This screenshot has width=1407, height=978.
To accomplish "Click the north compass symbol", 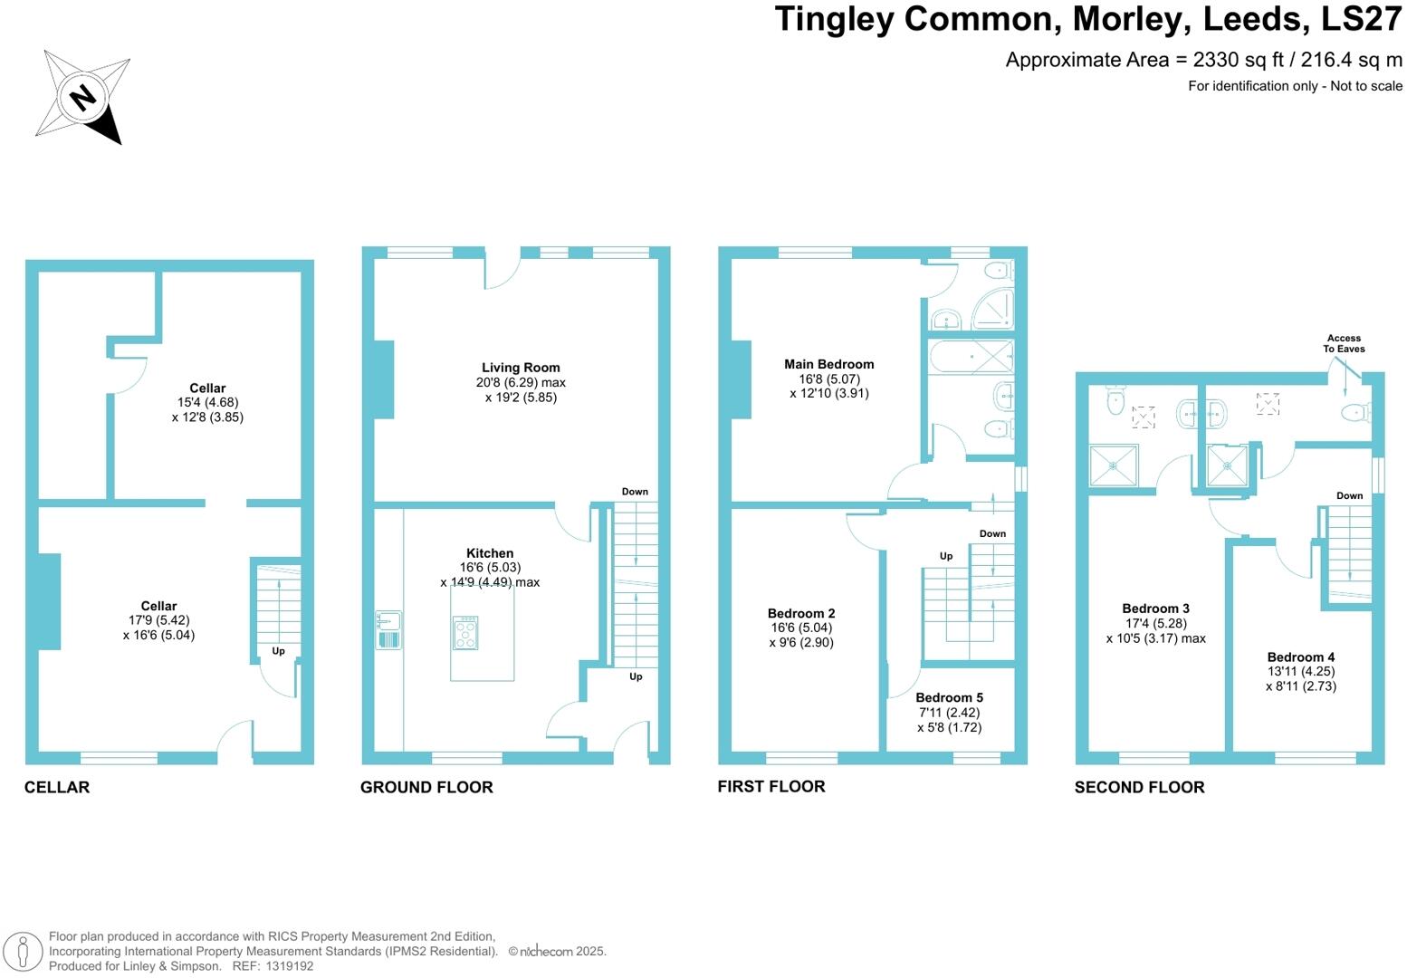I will tap(82, 97).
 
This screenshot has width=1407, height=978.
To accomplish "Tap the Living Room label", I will tap(521, 368).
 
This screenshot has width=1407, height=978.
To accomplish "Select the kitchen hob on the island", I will tap(465, 633).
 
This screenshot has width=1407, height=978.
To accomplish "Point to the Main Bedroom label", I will tap(828, 364).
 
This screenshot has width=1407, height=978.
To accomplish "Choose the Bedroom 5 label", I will tap(949, 697).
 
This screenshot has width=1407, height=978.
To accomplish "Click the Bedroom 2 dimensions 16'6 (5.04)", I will tap(801, 628).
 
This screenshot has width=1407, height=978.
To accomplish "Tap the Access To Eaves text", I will tap(1344, 343).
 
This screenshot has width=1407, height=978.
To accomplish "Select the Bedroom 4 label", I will tap(1300, 657).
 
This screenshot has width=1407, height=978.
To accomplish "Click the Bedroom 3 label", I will tap(1155, 609).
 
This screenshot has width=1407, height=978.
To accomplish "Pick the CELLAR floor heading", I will tap(57, 787).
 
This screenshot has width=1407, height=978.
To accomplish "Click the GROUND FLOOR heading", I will tap(426, 787).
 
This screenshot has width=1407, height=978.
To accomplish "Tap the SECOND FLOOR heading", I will tap(1139, 787).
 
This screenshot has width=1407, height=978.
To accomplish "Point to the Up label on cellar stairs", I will tap(278, 651).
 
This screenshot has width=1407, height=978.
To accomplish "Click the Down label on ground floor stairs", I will tap(635, 492).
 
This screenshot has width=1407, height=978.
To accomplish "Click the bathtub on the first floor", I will tap(971, 357).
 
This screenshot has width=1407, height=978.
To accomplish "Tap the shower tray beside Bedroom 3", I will tap(1113, 465).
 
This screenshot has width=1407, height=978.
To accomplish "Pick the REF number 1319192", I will tap(289, 966).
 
